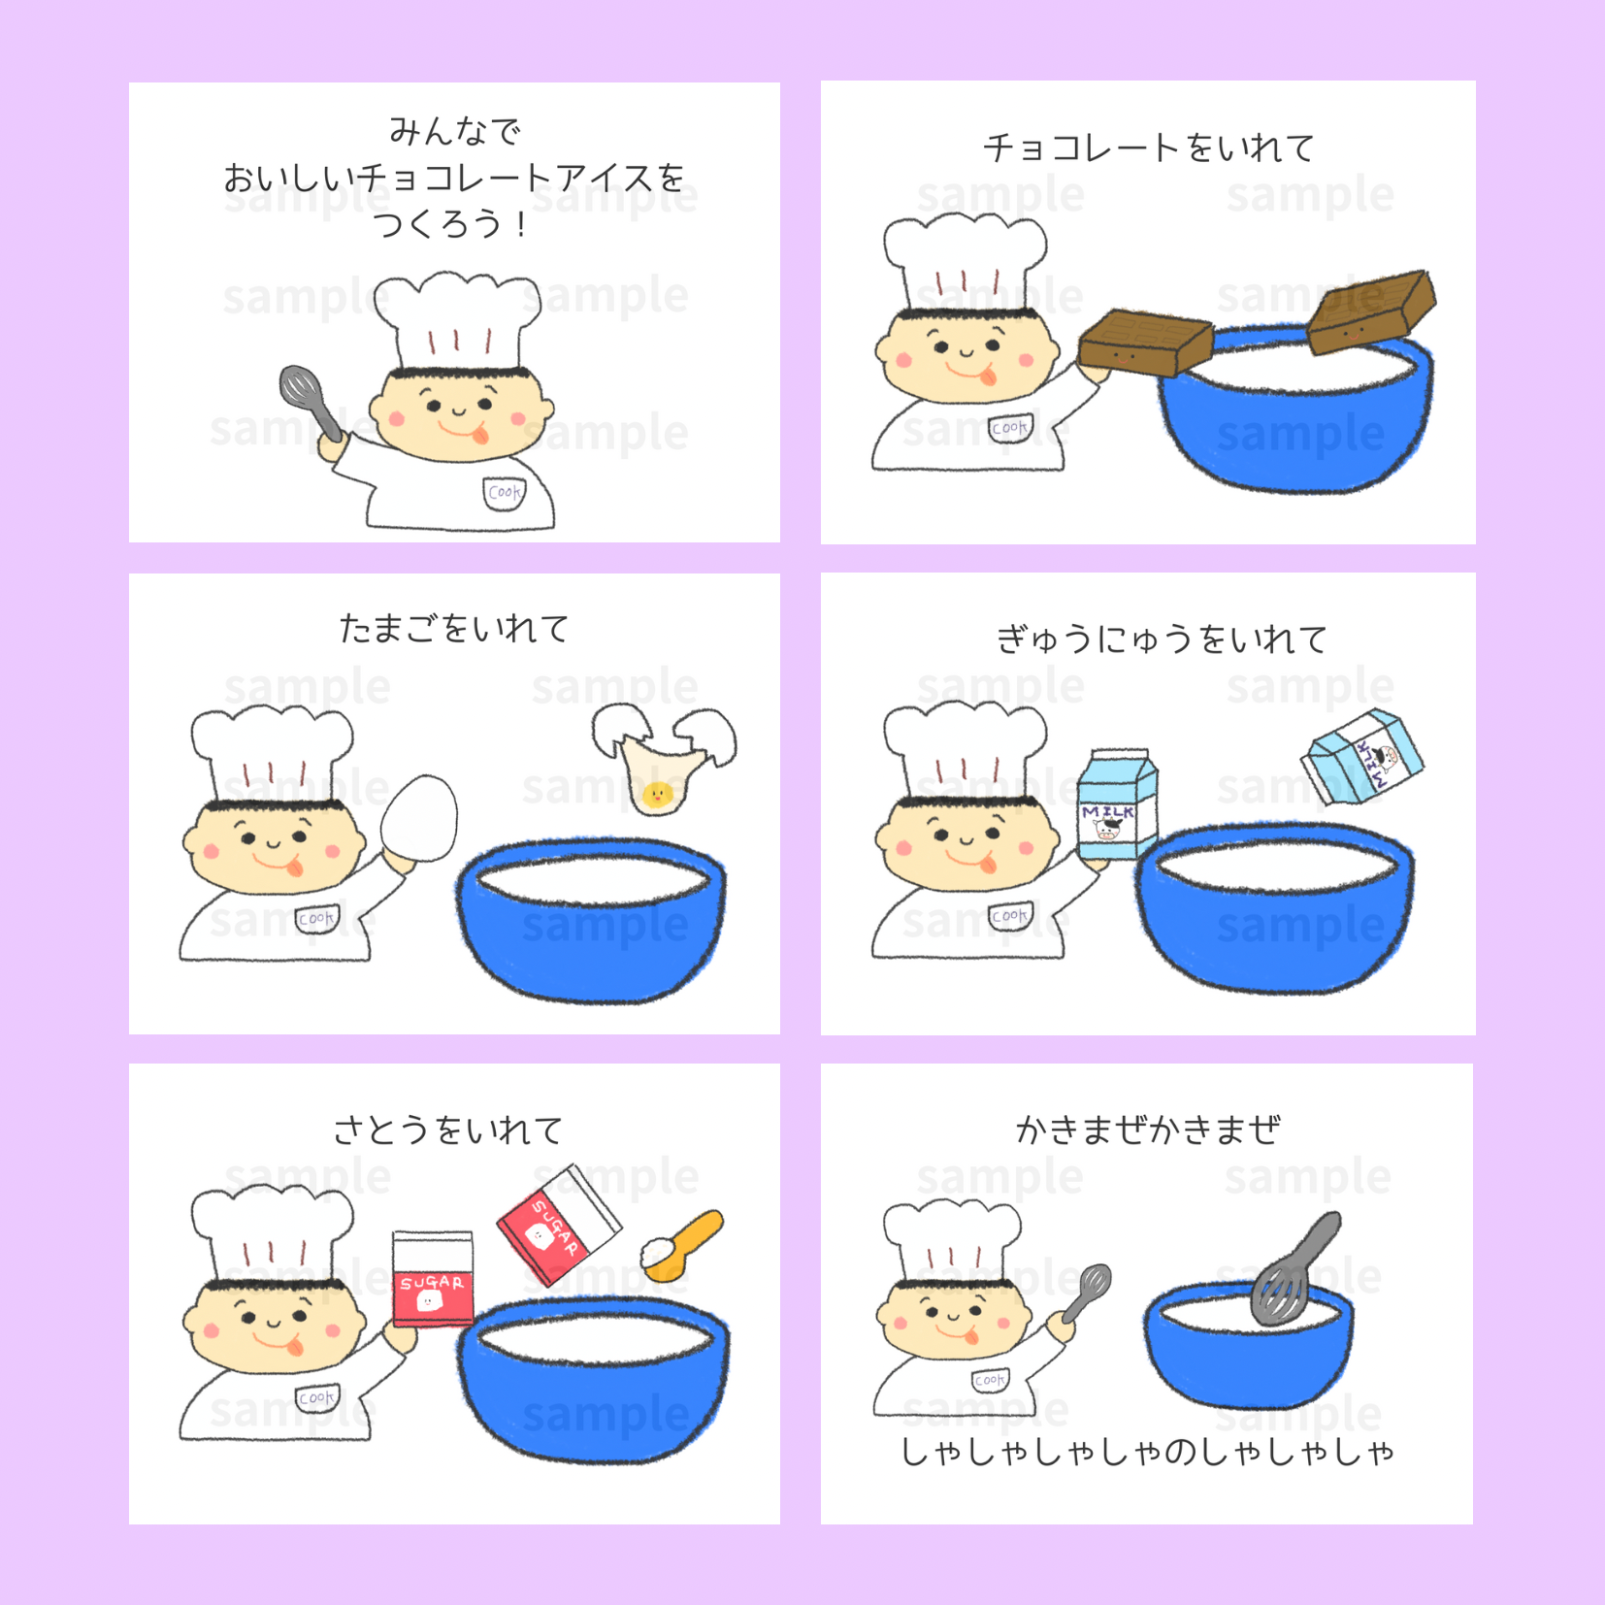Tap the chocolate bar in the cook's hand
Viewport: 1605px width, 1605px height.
[1145, 343]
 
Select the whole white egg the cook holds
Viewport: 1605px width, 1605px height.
[418, 818]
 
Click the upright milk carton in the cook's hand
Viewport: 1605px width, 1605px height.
[1118, 804]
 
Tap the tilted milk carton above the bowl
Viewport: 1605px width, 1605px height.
[1362, 758]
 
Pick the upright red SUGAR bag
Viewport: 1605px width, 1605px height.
[433, 1278]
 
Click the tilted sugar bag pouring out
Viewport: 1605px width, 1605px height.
[558, 1225]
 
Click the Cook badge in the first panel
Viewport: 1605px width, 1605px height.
[505, 492]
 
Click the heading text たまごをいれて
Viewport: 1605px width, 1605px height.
[454, 629]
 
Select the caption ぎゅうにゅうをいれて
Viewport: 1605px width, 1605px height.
[1162, 639]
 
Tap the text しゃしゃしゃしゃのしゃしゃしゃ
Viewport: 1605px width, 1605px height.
[1148, 1452]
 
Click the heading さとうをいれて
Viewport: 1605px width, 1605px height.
[448, 1130]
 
